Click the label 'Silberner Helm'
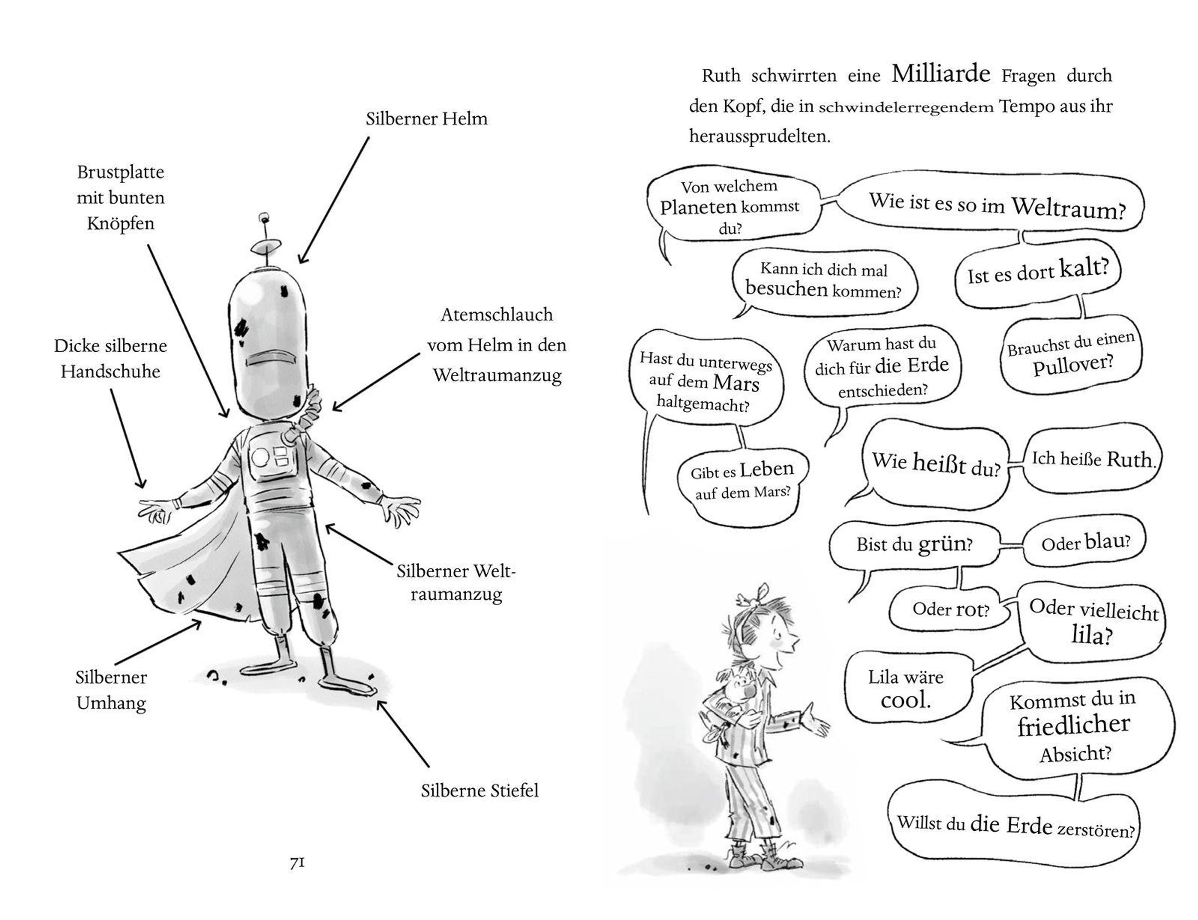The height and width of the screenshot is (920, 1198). point(426,119)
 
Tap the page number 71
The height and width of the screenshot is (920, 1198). point(297,863)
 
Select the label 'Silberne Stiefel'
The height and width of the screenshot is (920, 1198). point(479,790)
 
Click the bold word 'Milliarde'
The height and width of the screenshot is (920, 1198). point(940,73)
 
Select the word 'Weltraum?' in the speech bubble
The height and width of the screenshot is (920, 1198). point(1068,209)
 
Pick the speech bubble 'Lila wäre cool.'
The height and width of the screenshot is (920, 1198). point(906,688)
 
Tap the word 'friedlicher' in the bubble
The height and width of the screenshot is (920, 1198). point(1073,725)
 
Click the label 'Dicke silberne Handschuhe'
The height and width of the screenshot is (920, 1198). point(110,358)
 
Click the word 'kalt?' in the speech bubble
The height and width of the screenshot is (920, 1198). point(1084,268)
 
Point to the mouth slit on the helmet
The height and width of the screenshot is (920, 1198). point(271,359)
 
